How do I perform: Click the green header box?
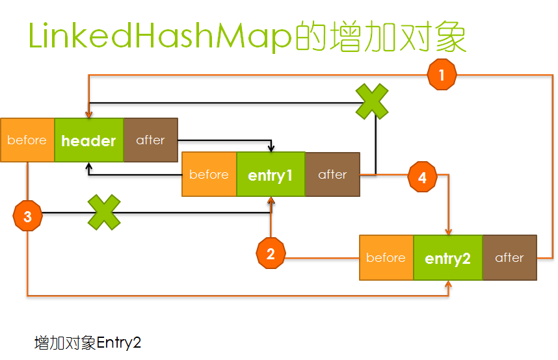88,140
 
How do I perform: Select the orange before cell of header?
27,140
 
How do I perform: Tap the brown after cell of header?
150,140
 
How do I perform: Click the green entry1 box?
271,174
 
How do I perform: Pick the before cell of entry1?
209,174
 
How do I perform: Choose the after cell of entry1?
332,174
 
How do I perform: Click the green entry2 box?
447,258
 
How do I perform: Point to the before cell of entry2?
386,258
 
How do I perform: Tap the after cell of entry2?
509,258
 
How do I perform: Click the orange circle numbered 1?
442,75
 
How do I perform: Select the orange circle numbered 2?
271,254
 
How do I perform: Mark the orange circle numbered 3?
27,216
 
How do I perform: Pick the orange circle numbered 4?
423,177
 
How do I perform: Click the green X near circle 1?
372,101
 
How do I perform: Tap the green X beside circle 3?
104,212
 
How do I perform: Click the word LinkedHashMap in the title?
158,38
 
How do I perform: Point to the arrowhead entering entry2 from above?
448,232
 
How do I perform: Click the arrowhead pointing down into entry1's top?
271,148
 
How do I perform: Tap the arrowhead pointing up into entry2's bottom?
448,284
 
